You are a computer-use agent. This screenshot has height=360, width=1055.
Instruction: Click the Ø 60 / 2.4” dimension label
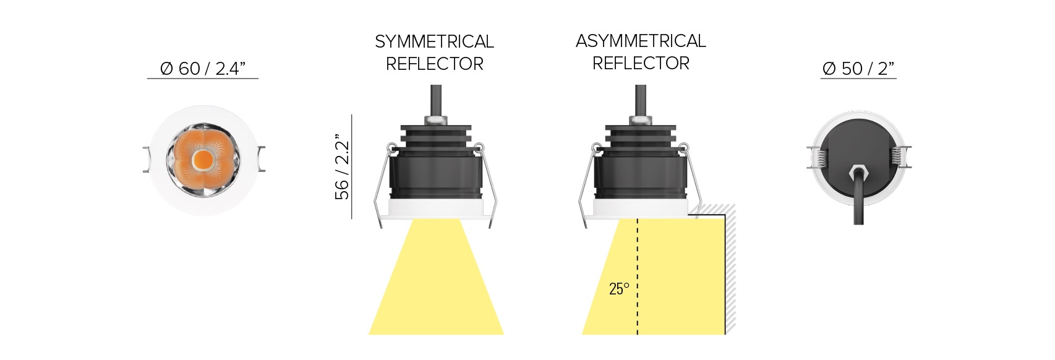point(203,69)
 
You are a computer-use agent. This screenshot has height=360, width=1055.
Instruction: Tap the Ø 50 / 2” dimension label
point(858,69)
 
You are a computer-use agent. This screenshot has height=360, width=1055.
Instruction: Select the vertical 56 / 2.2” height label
point(342,170)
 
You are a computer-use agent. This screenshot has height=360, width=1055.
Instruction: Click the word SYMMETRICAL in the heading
point(434,42)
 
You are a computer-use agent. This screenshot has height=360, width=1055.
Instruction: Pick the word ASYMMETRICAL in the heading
point(641,41)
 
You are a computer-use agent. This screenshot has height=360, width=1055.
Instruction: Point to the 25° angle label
point(619,289)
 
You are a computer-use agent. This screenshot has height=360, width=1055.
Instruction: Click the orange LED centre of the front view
point(203,160)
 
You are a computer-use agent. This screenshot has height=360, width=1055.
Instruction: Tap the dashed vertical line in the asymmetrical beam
point(637,276)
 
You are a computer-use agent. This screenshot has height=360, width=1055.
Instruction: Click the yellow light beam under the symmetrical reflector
point(436,283)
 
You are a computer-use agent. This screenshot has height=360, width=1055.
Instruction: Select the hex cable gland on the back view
point(858,173)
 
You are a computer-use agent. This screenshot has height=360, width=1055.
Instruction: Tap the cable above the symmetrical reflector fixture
point(436,100)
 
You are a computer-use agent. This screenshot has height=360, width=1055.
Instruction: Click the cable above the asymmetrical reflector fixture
point(641,100)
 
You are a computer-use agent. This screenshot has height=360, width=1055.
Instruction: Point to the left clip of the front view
point(147,159)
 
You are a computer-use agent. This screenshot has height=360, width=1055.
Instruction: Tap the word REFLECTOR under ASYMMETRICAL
point(641,63)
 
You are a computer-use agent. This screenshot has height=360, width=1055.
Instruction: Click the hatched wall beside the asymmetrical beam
point(729,268)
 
